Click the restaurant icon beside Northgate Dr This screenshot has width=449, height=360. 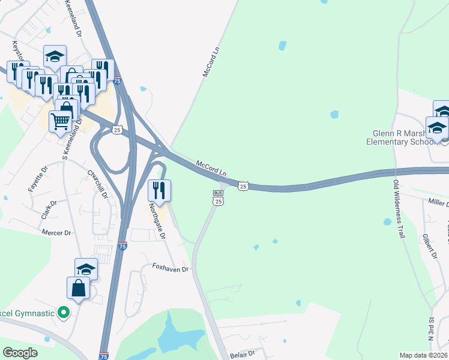click(159, 190)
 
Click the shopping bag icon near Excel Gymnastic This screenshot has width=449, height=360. click(79, 288)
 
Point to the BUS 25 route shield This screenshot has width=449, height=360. click(218, 199)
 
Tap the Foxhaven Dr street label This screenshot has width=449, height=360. click(170, 268)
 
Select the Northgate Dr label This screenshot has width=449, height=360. click(157, 221)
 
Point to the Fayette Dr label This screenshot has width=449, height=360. click(37, 179)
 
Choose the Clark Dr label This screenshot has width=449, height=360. click(49, 208)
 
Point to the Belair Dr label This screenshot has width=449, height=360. click(243, 355)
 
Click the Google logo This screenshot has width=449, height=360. click(21, 353)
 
